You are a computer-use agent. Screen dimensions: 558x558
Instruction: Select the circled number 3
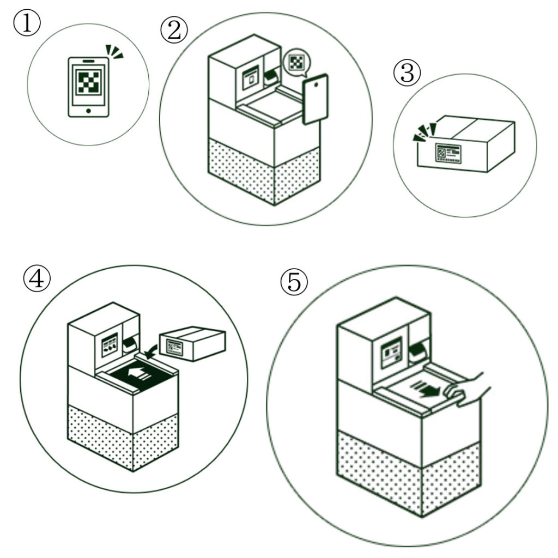[407, 73]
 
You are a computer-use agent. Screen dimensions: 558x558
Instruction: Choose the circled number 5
[294, 283]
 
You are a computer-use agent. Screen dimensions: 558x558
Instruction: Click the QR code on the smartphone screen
[88, 82]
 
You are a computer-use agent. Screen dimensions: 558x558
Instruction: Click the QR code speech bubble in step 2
[296, 62]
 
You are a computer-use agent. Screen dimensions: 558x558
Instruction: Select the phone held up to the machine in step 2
[315, 99]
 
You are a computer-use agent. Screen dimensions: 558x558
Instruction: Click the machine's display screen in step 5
[391, 353]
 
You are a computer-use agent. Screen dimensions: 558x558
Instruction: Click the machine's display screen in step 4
[110, 345]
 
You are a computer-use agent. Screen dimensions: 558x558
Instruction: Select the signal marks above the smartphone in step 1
[114, 53]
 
